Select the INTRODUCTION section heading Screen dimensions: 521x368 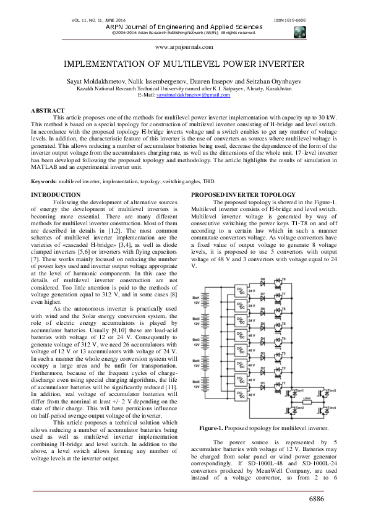[56, 195]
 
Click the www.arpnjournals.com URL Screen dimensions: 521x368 [183, 46]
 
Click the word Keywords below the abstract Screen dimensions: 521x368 [45, 181]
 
